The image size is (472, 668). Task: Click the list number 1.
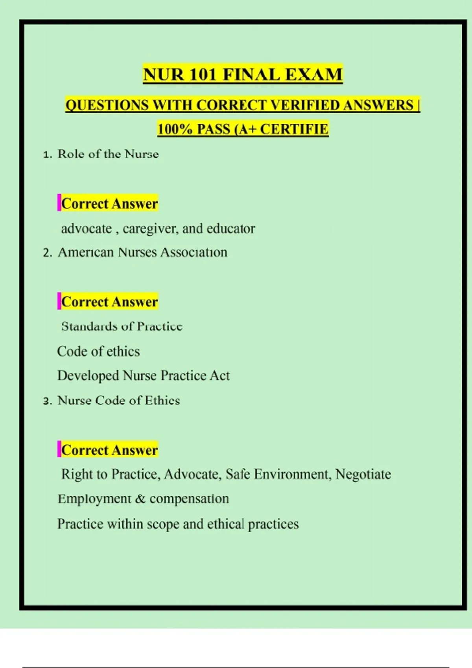click(x=47, y=154)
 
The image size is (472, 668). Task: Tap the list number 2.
click(x=47, y=253)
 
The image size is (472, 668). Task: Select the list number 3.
click(x=47, y=401)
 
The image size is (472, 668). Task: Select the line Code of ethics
click(x=98, y=351)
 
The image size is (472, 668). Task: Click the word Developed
click(x=88, y=376)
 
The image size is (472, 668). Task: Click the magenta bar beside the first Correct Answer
click(x=59, y=203)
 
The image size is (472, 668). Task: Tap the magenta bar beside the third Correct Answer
click(x=59, y=449)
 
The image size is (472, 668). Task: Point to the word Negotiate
click(x=363, y=474)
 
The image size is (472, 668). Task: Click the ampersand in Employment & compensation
click(x=140, y=499)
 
